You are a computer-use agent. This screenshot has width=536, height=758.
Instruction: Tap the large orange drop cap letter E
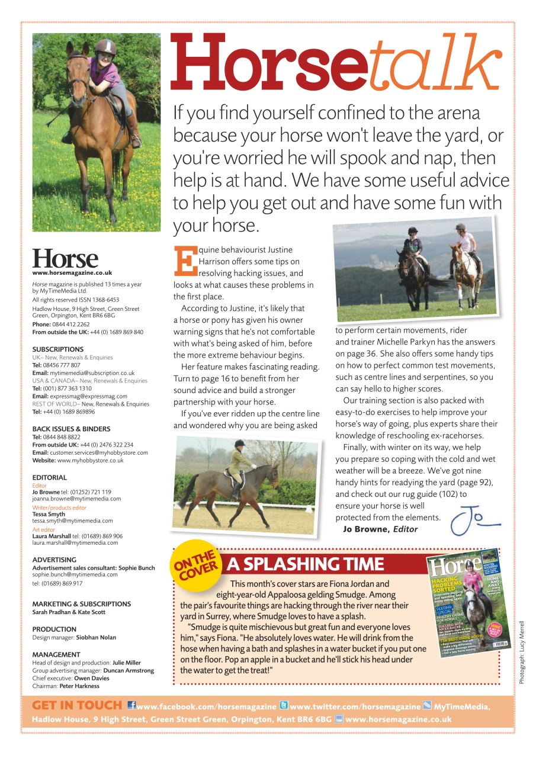(184, 261)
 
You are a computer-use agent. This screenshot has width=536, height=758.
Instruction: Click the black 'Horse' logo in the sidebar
(65, 259)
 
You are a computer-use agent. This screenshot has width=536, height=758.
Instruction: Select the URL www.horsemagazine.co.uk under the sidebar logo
(72, 273)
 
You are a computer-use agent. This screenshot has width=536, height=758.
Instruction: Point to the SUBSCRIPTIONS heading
(58, 349)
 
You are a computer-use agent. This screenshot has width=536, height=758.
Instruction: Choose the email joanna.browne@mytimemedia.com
(76, 499)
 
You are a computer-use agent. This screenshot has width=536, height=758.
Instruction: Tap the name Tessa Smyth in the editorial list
(49, 515)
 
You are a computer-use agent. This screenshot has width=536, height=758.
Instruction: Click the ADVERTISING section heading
(54, 560)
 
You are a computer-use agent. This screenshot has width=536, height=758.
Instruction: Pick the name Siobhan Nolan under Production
(96, 637)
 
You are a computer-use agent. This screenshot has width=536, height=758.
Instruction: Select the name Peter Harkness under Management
(82, 686)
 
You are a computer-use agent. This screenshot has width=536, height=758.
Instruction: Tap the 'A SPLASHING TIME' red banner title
(306, 564)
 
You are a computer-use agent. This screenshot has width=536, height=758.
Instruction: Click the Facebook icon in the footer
(131, 706)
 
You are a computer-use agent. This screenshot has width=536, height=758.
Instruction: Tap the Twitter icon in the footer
(284, 706)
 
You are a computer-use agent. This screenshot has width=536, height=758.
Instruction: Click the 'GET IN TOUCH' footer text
(77, 706)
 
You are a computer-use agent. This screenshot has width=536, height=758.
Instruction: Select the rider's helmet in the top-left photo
(105, 47)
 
